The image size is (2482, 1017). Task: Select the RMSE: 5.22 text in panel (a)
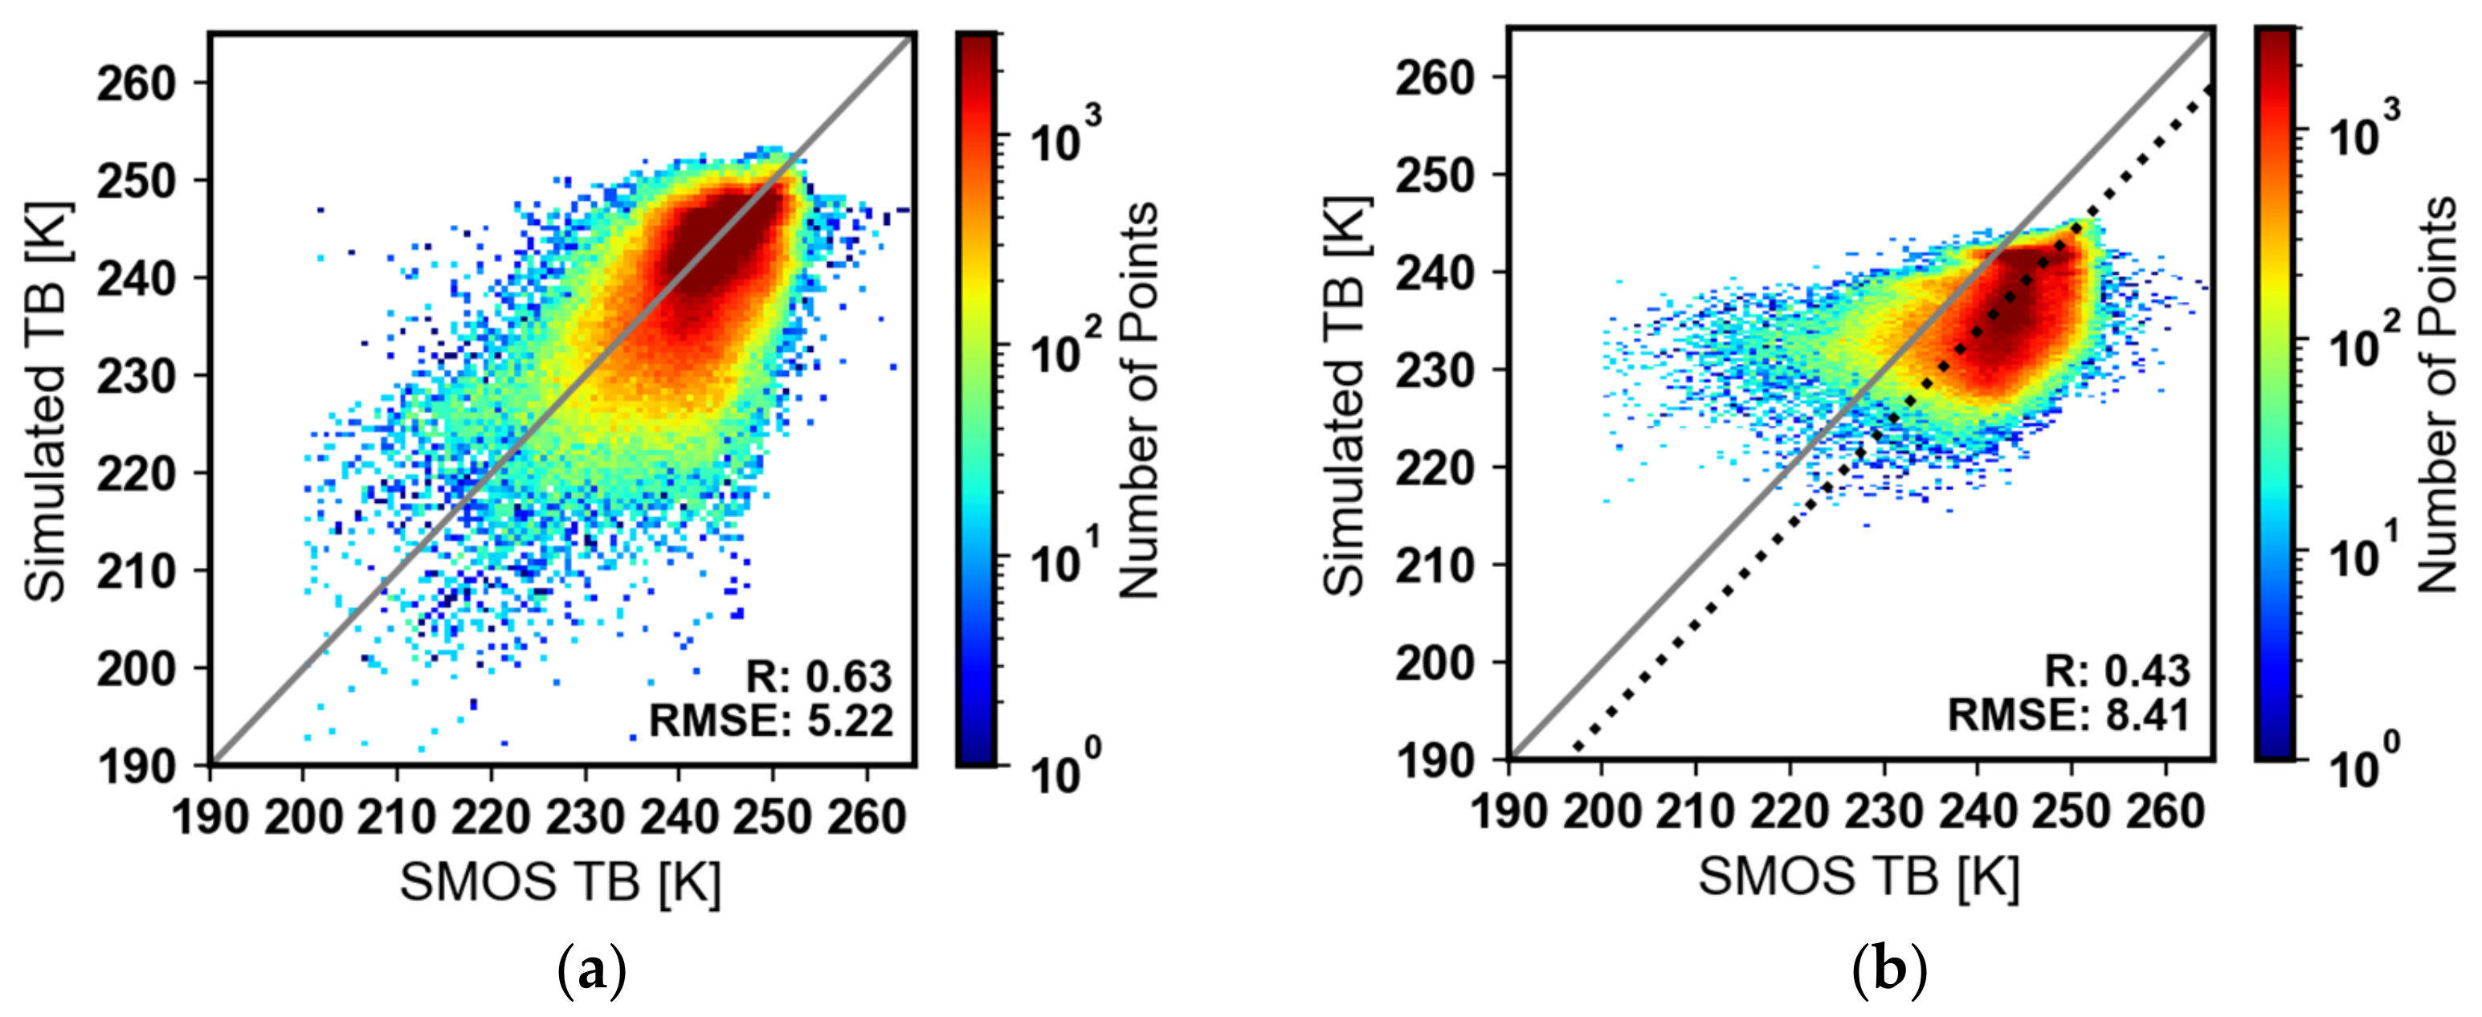[771, 720]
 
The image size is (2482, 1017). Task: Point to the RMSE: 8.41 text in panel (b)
[2068, 715]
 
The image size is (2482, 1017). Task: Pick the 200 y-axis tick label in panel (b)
[1435, 664]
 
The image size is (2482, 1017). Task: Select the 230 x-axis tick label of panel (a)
[585, 819]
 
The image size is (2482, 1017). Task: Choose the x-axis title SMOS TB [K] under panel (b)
[1859, 877]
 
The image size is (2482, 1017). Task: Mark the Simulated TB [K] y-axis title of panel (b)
[1345, 395]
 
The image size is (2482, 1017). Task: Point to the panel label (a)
[592, 972]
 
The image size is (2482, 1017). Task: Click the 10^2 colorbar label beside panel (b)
[2362, 341]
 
